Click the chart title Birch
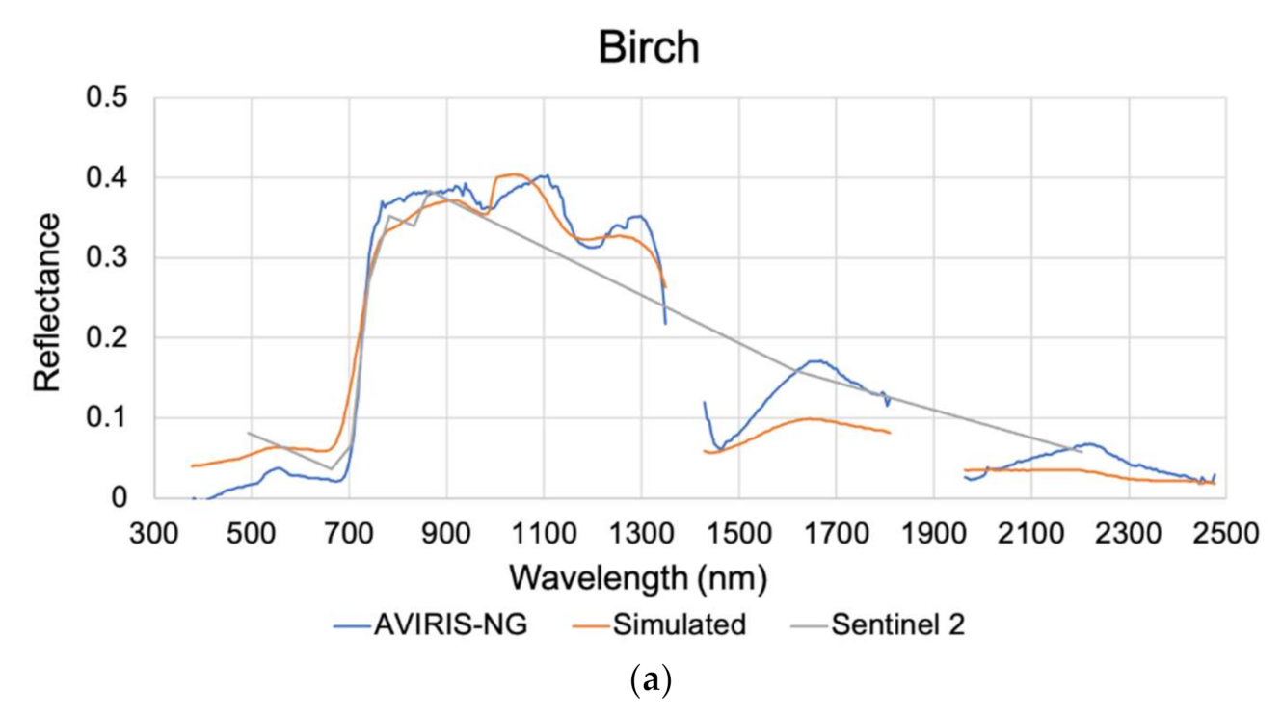click(648, 46)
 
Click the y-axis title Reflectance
click(47, 302)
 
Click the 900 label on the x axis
click(446, 532)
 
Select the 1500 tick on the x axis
click(738, 532)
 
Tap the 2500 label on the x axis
click(1225, 532)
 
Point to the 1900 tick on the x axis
click(933, 532)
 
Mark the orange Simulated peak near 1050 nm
click(514, 174)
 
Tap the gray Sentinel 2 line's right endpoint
click(1082, 451)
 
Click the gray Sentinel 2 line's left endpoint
click(248, 433)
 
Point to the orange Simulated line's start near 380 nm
click(193, 465)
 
